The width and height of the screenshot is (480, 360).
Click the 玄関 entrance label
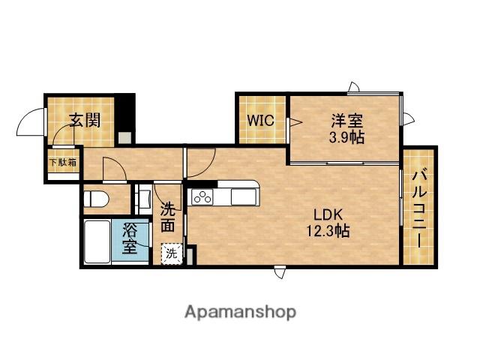click(x=85, y=120)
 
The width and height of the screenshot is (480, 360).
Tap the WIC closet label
click(x=260, y=120)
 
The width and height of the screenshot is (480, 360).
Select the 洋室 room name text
click(x=346, y=121)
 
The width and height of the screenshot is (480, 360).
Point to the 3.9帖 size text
click(x=346, y=137)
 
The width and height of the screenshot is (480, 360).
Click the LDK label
click(x=328, y=215)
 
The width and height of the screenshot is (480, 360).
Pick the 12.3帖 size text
click(x=328, y=231)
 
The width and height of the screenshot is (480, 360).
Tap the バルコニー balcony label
click(x=419, y=209)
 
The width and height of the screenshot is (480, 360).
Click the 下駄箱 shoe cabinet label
click(x=63, y=162)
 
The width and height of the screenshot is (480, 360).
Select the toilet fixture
click(x=96, y=199)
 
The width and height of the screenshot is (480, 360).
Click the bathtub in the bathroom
click(x=97, y=241)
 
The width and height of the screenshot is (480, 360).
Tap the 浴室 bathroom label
click(x=130, y=238)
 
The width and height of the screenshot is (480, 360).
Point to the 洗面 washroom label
click(x=168, y=217)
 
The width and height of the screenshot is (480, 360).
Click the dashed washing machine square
click(x=172, y=253)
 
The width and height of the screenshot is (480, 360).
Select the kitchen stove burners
click(x=202, y=196)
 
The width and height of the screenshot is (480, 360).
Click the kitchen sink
click(x=243, y=196)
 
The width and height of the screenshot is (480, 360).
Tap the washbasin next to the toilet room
click(x=145, y=198)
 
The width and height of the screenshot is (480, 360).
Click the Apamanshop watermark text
click(x=240, y=312)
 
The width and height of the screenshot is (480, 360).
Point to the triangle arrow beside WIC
click(x=296, y=122)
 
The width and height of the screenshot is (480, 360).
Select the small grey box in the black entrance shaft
click(x=124, y=138)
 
